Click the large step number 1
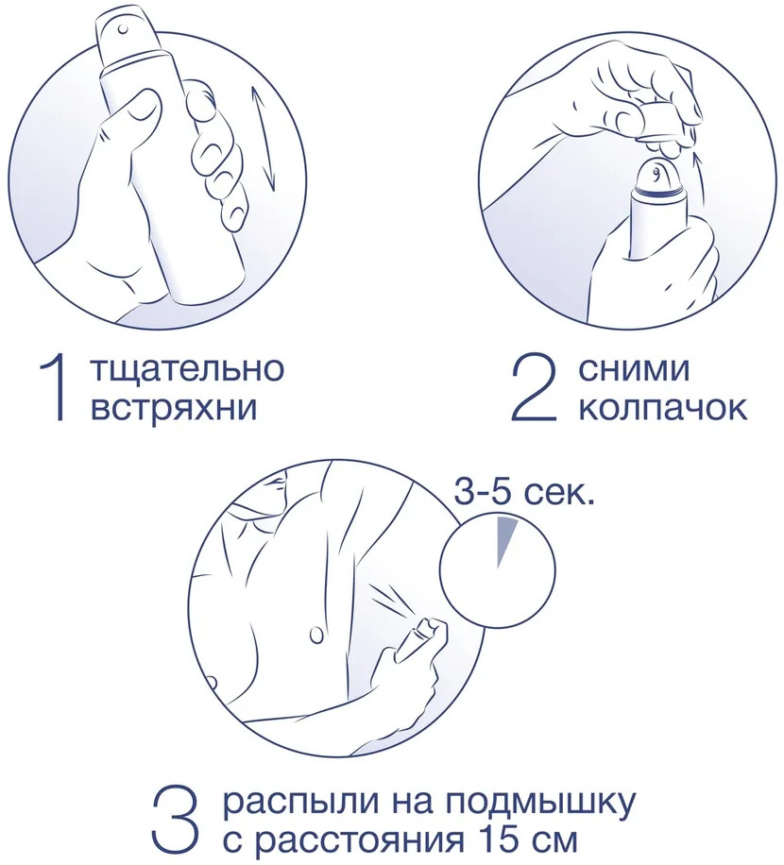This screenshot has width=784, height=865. tap(54, 389)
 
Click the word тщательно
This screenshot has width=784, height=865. tap(186, 368)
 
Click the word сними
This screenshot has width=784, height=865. tap(634, 369)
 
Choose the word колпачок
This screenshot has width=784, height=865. tap(663, 409)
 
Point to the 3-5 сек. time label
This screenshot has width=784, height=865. tap(523, 493)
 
